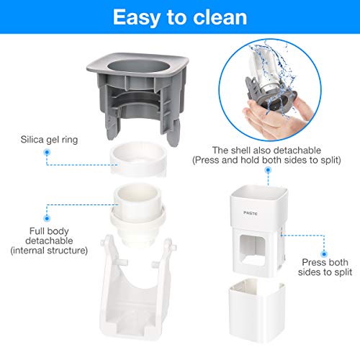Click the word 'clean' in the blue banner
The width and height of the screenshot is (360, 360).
(220, 17)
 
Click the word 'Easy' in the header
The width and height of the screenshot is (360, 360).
(137, 18)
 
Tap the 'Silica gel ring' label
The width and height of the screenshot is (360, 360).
(49, 140)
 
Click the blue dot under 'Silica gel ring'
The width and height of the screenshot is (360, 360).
(47, 152)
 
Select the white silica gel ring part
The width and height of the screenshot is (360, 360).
(138, 158)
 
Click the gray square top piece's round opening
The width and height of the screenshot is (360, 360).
(138, 66)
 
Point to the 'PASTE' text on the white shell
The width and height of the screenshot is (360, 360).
(251, 213)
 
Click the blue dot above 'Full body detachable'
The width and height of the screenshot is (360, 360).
(47, 218)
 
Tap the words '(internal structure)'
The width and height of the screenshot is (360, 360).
(49, 251)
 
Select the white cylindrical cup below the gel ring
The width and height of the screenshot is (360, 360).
(138, 214)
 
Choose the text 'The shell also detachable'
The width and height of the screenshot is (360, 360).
(266, 150)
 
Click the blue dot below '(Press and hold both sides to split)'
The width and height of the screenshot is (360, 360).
(268, 170)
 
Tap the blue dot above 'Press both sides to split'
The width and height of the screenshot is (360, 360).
(324, 254)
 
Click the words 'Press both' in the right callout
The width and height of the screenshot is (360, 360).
(325, 262)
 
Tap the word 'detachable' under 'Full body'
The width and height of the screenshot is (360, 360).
(49, 240)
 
